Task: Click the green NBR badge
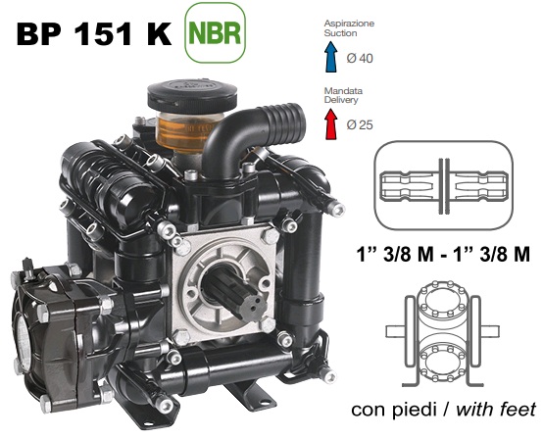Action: click(215, 32)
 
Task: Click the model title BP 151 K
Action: click(94, 34)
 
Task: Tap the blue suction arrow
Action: click(331, 57)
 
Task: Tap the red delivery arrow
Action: click(331, 124)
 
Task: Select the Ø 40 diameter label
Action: click(360, 58)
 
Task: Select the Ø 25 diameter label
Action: click(360, 124)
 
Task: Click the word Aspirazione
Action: click(349, 24)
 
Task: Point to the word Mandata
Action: click(343, 91)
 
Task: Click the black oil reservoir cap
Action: click(192, 93)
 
